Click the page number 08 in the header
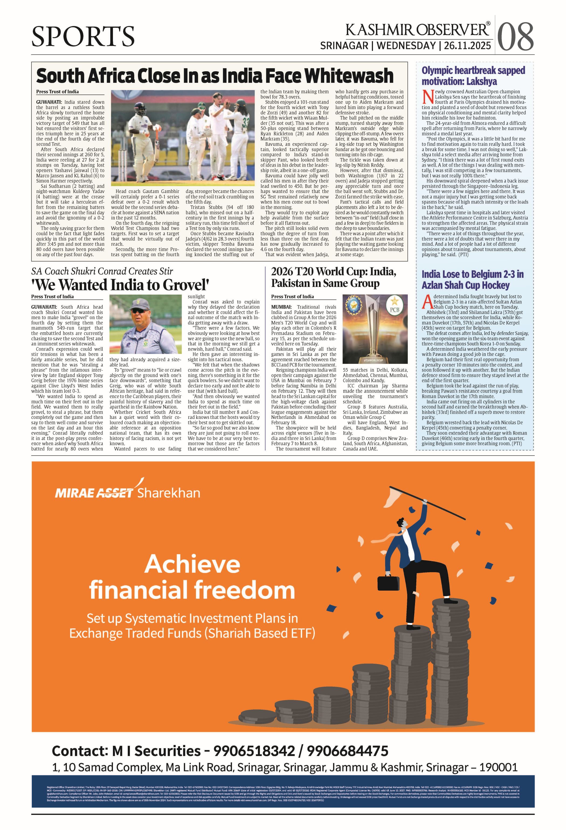coord(515,37)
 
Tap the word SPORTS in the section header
coord(83,36)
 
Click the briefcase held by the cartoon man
coord(388,582)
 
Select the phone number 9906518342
coord(254,751)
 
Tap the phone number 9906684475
coord(347,751)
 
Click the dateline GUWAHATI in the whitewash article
coord(49,102)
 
